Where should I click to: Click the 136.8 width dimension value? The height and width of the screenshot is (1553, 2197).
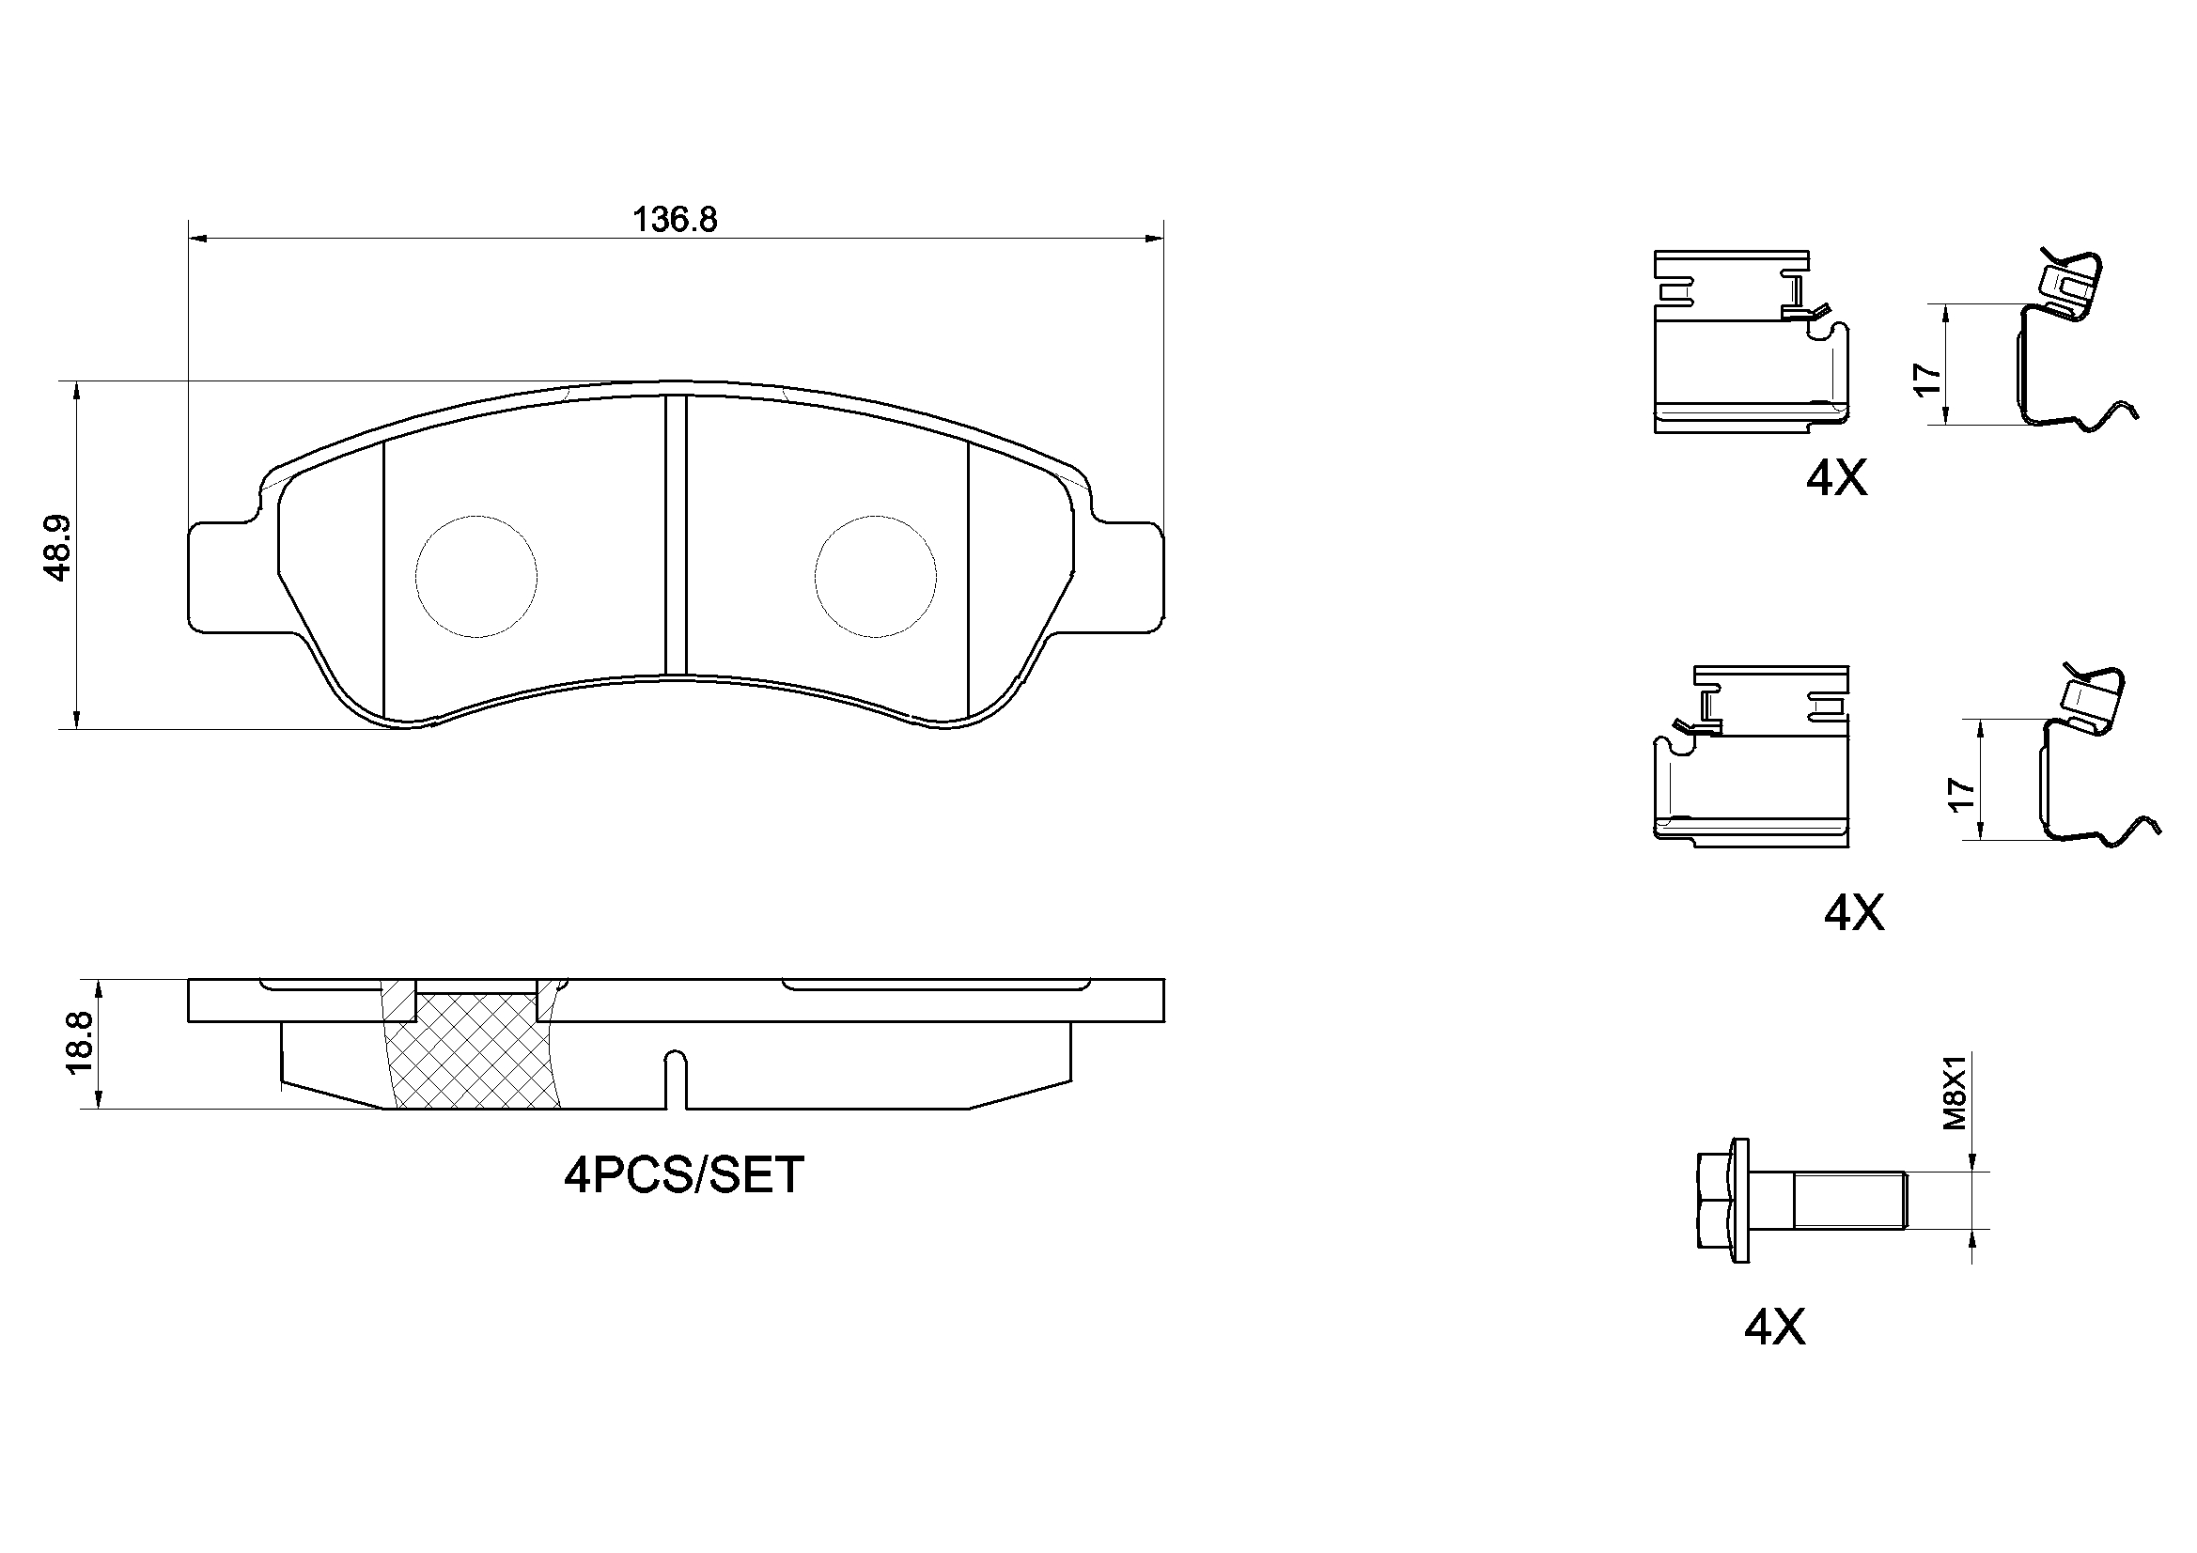(675, 220)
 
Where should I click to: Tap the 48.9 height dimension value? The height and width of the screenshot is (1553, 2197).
(58, 549)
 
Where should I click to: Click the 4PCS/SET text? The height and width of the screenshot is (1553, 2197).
(683, 1175)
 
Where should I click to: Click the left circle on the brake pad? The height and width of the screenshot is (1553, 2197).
(476, 576)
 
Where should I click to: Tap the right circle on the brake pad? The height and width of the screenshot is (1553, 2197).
(876, 576)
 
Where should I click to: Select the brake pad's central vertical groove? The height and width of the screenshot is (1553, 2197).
(677, 536)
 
